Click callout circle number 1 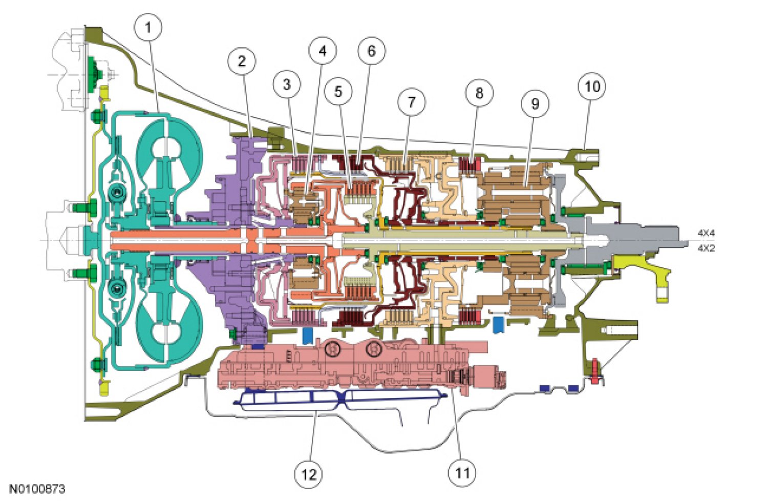pos(148,27)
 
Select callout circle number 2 pos(242,61)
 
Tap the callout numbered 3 pos(287,85)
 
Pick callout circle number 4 pos(322,51)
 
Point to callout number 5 pos(338,92)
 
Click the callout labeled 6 pos(371,51)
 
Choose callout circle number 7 pos(412,102)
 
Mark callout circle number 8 pos(479,93)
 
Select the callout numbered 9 pos(535,103)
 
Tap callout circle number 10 pos(592,87)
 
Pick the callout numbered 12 pos(309,474)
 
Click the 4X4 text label pos(706,233)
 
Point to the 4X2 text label pos(706,248)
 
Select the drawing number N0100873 pos(37,489)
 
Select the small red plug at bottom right pos(595,372)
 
